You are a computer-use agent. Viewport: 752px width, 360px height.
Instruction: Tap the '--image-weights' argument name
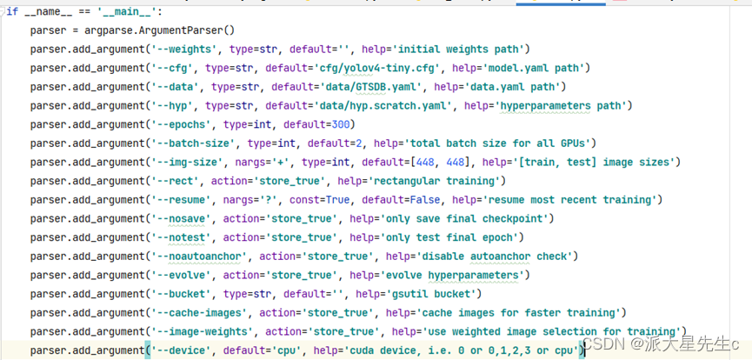[203, 332]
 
